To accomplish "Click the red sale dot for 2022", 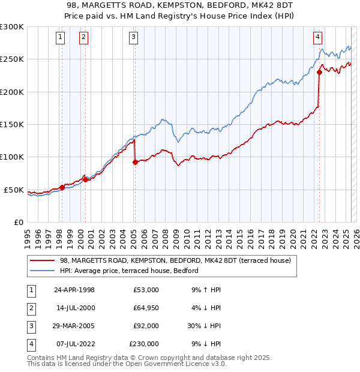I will (319, 73).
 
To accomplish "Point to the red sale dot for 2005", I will (135, 162).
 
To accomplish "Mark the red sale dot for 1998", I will (62, 187).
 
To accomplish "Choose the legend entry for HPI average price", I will (133, 271).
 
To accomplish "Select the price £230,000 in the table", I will (144, 344).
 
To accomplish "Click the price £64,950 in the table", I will (144, 308).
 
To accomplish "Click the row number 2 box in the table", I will (30, 308).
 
